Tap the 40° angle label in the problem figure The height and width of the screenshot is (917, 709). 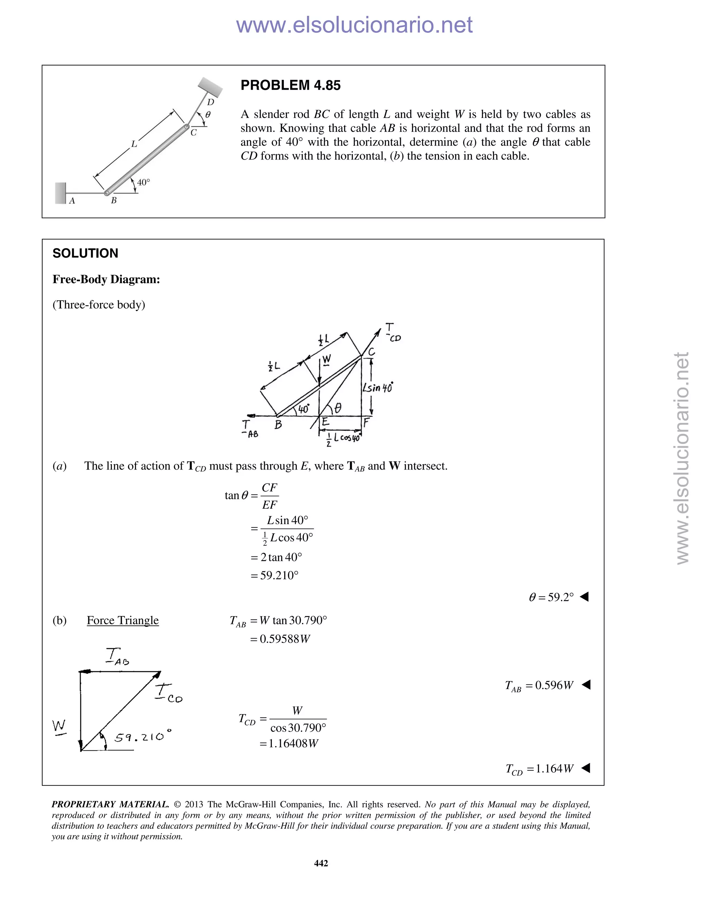pos(143,182)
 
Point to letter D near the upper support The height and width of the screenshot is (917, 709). pos(210,102)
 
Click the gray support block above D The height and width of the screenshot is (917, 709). pos(210,87)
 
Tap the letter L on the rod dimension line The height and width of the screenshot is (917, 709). pos(134,144)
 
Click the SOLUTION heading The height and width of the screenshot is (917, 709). pos(85,253)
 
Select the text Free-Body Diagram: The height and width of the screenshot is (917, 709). pos(106,279)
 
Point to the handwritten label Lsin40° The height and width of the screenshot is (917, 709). pos(378,387)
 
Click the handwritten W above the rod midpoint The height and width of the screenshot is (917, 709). pos(326,360)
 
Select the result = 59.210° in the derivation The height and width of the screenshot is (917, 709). pos(275,575)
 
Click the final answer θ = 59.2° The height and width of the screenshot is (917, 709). pos(551,597)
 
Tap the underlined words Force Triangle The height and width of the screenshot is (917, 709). pos(123,620)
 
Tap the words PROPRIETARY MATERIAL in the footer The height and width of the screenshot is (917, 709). pos(110,805)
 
